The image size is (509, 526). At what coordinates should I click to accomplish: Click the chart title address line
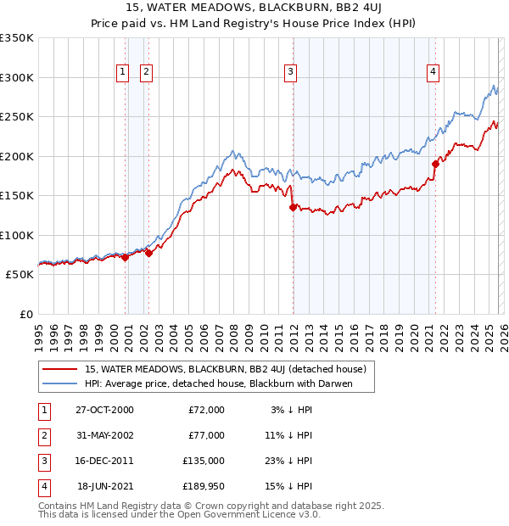[x=255, y=9]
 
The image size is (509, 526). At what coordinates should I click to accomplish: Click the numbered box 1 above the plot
[x=123, y=73]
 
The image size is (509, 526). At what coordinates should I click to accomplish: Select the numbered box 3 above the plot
[x=290, y=73]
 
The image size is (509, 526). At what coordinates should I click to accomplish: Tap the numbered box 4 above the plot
[x=433, y=73]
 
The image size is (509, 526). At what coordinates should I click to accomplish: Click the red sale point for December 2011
[x=293, y=206]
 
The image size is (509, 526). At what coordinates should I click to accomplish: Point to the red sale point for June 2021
[x=435, y=164]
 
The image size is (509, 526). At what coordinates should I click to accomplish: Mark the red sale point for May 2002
[x=148, y=252]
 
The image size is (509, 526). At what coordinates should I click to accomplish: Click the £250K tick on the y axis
[x=17, y=116]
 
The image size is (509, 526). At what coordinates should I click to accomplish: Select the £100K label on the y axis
[x=17, y=235]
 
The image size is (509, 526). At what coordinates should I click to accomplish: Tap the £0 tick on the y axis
[x=24, y=314]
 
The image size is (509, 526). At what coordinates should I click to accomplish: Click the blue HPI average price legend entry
[x=217, y=384]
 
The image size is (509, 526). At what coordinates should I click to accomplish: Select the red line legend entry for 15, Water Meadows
[x=225, y=369]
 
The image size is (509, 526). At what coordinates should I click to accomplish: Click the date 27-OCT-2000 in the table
[x=103, y=410]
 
